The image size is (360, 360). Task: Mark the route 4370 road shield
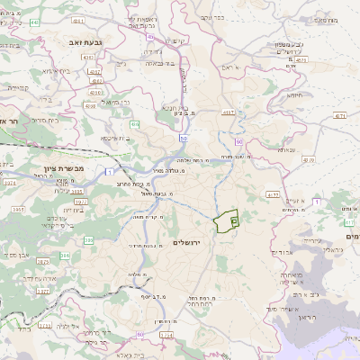309,159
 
